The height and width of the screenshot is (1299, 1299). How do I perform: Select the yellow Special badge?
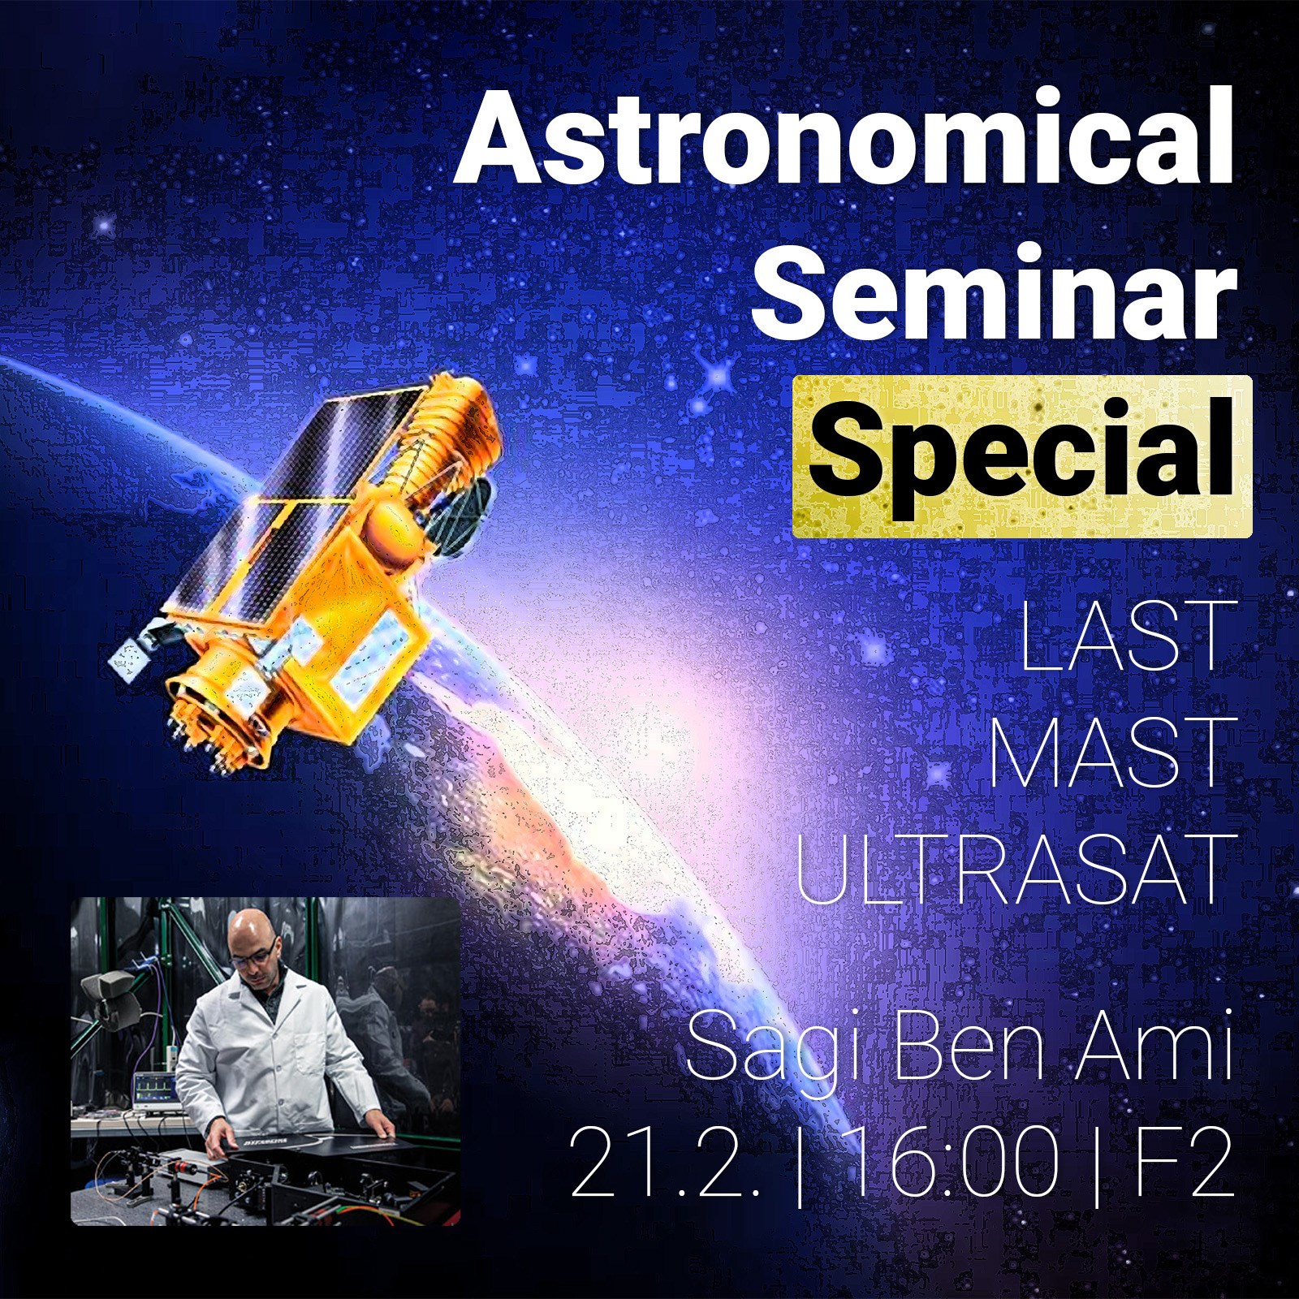(1022, 456)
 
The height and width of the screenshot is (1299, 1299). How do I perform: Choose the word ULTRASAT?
(1011, 869)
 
